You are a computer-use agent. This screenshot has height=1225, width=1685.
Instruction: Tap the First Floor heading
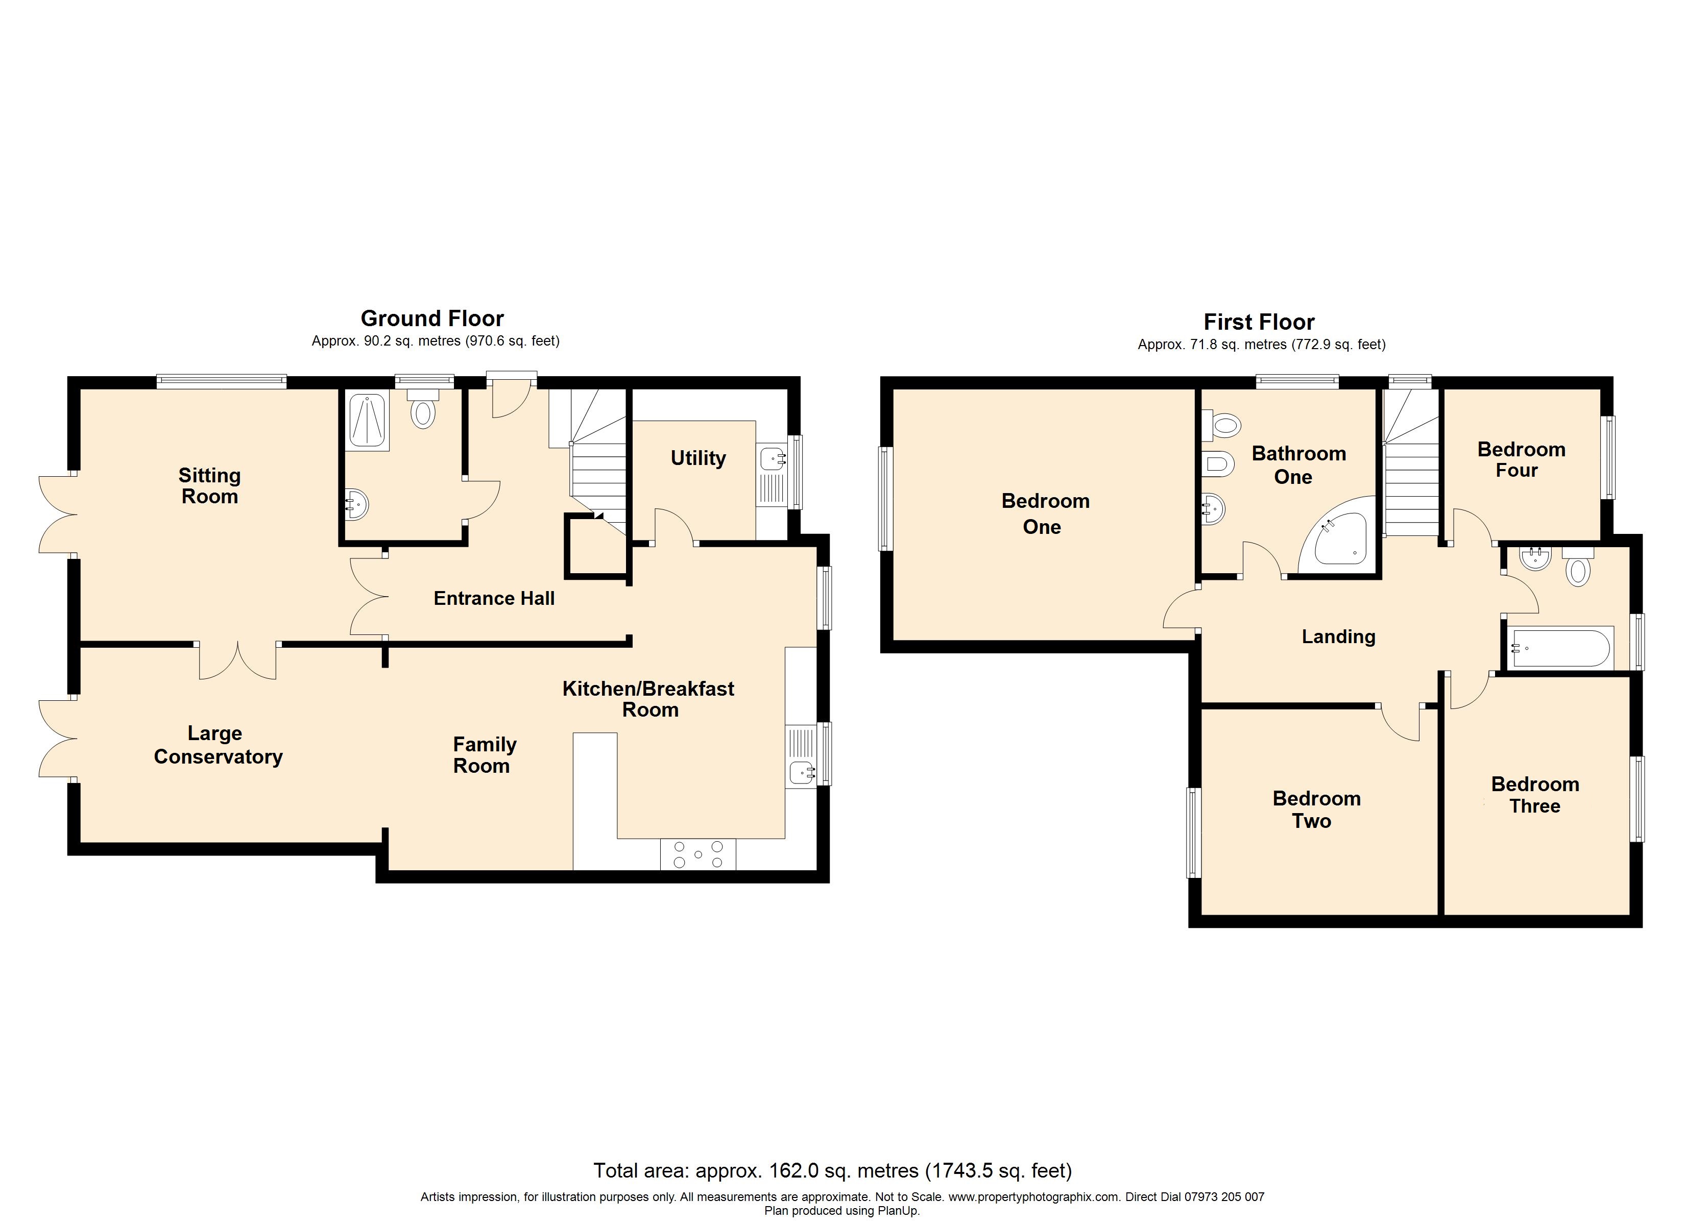click(1259, 323)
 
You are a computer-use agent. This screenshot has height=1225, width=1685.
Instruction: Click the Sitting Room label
click(209, 486)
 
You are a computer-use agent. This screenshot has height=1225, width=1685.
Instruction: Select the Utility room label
click(697, 458)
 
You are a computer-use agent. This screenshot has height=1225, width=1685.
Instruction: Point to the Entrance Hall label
click(494, 599)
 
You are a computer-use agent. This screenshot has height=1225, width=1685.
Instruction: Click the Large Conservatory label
click(218, 745)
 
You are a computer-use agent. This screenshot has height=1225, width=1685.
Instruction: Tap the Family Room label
click(484, 755)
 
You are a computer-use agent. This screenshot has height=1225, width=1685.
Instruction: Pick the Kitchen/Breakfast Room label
click(648, 699)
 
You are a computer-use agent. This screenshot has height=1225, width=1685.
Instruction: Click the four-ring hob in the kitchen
click(697, 854)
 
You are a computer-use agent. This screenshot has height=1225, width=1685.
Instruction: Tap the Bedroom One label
click(1045, 513)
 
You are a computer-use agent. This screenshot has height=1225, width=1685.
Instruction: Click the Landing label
click(1338, 636)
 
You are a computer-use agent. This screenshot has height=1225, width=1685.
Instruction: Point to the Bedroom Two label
click(1316, 810)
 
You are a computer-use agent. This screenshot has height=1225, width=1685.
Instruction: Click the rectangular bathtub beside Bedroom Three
click(1561, 649)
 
